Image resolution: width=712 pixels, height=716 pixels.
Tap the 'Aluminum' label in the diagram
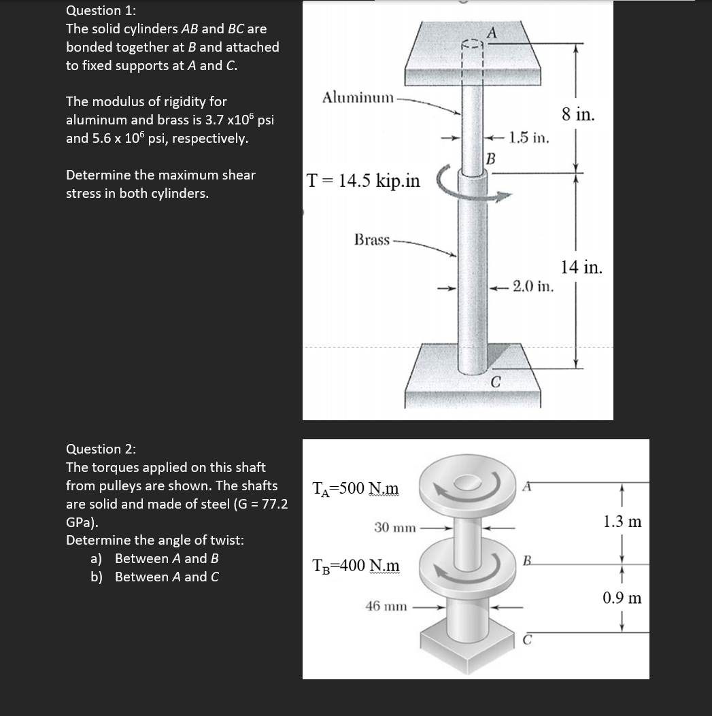tap(358, 98)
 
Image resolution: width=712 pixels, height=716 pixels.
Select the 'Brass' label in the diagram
tap(372, 240)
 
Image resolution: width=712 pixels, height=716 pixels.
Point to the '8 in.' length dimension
tap(579, 114)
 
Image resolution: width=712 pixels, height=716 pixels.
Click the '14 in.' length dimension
tap(581, 267)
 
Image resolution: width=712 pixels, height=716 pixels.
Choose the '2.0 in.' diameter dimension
tap(533, 286)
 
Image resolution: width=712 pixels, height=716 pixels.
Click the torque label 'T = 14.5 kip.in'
tap(363, 181)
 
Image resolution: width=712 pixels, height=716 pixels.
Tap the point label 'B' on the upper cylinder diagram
tap(490, 160)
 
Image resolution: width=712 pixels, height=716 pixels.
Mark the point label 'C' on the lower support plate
tap(496, 383)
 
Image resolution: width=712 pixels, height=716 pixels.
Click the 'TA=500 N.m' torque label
tap(355, 488)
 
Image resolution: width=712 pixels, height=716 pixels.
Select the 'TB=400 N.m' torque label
tap(355, 565)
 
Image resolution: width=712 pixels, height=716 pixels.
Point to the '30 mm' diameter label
tap(394, 527)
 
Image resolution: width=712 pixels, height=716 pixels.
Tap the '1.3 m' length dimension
tap(622, 522)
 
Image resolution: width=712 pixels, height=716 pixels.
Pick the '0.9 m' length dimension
tap(622, 598)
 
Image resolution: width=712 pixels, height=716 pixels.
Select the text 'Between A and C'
tap(167, 577)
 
